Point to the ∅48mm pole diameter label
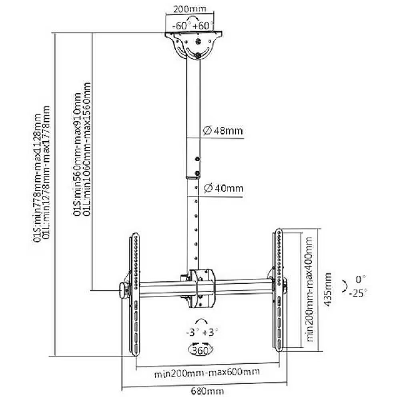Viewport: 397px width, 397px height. [223, 130]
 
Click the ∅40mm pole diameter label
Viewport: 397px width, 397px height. [223, 188]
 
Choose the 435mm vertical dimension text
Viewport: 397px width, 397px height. [328, 289]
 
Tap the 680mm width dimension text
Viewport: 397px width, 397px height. [207, 391]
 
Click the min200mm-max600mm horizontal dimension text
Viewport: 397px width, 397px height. [207, 373]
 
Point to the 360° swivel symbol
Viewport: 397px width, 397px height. [201, 351]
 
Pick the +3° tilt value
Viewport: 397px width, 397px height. [210, 332]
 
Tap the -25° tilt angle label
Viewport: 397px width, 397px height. [358, 293]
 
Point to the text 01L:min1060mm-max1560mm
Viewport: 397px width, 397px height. [86, 149]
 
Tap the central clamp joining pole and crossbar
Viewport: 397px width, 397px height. [201, 289]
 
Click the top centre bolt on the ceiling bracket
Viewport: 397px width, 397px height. [198, 41]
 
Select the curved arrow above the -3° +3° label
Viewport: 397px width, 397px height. [201, 321]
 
